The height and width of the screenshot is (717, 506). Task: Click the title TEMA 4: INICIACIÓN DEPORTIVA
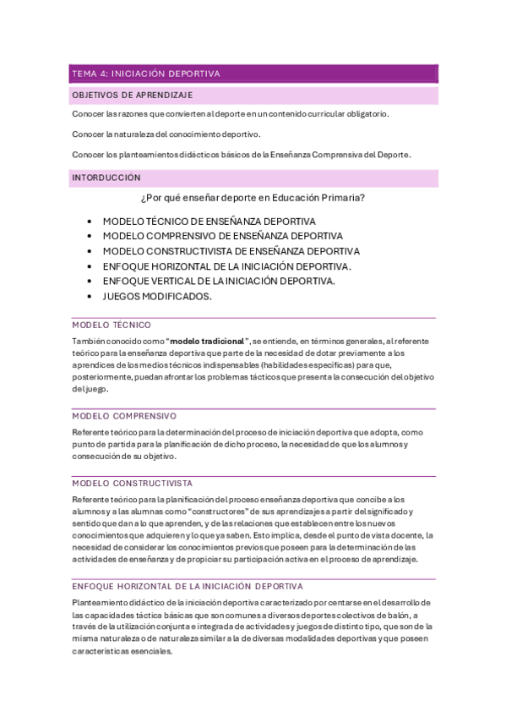point(146,74)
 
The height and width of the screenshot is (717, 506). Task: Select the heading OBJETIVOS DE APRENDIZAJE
point(133,95)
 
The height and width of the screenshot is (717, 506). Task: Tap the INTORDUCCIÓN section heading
point(106,178)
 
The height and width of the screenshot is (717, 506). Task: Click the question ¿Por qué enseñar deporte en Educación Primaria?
point(253,199)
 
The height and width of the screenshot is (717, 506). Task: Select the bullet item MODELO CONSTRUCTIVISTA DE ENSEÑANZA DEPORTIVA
point(231,251)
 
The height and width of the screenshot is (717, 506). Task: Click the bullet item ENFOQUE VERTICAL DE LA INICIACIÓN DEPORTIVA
point(219,282)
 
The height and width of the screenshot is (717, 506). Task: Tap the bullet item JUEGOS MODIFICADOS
point(157,297)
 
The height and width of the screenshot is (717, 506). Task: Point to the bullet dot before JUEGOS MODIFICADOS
point(90,297)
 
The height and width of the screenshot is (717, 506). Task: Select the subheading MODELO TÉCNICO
point(112,325)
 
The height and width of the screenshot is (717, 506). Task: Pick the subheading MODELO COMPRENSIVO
point(124,416)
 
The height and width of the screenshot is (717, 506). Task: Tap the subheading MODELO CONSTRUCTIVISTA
point(133,484)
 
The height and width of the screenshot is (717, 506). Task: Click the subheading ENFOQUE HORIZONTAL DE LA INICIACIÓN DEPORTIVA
point(188,586)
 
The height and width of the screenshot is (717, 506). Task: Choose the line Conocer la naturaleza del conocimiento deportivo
point(166,134)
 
